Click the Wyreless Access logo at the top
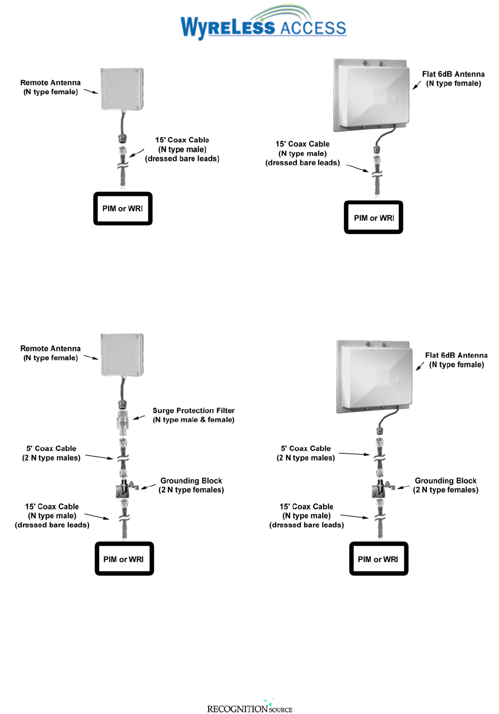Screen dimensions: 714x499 pyautogui.click(x=263, y=23)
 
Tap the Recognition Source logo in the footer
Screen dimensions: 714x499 pyautogui.click(x=249, y=708)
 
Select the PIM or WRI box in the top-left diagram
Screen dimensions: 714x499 pyautogui.click(x=123, y=208)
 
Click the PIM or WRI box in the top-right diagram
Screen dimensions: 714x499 pyautogui.click(x=374, y=218)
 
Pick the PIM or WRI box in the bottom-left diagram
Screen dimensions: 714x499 pyautogui.click(x=124, y=559)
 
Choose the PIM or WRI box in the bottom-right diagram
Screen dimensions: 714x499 pyautogui.click(x=378, y=559)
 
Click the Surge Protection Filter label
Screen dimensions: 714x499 pyautogui.click(x=193, y=415)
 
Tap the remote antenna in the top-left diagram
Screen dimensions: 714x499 pyautogui.click(x=123, y=89)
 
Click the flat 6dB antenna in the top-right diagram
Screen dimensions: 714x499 pyautogui.click(x=372, y=95)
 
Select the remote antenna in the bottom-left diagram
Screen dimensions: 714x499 pyautogui.click(x=123, y=354)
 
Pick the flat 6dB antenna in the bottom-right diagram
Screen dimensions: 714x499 pyautogui.click(x=374, y=376)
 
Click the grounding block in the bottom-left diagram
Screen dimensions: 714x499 pyautogui.click(x=124, y=488)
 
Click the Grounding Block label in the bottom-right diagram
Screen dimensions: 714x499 pyautogui.click(x=445, y=485)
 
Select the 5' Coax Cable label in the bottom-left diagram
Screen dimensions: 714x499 pyautogui.click(x=51, y=453)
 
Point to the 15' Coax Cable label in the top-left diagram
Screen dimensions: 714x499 pyautogui.click(x=182, y=149)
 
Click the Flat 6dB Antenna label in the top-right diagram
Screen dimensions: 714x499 pyautogui.click(x=453, y=79)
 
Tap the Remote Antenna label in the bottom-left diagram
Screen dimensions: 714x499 pyautogui.click(x=50, y=353)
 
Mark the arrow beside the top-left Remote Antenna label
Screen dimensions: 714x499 pyautogui.click(x=91, y=92)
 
